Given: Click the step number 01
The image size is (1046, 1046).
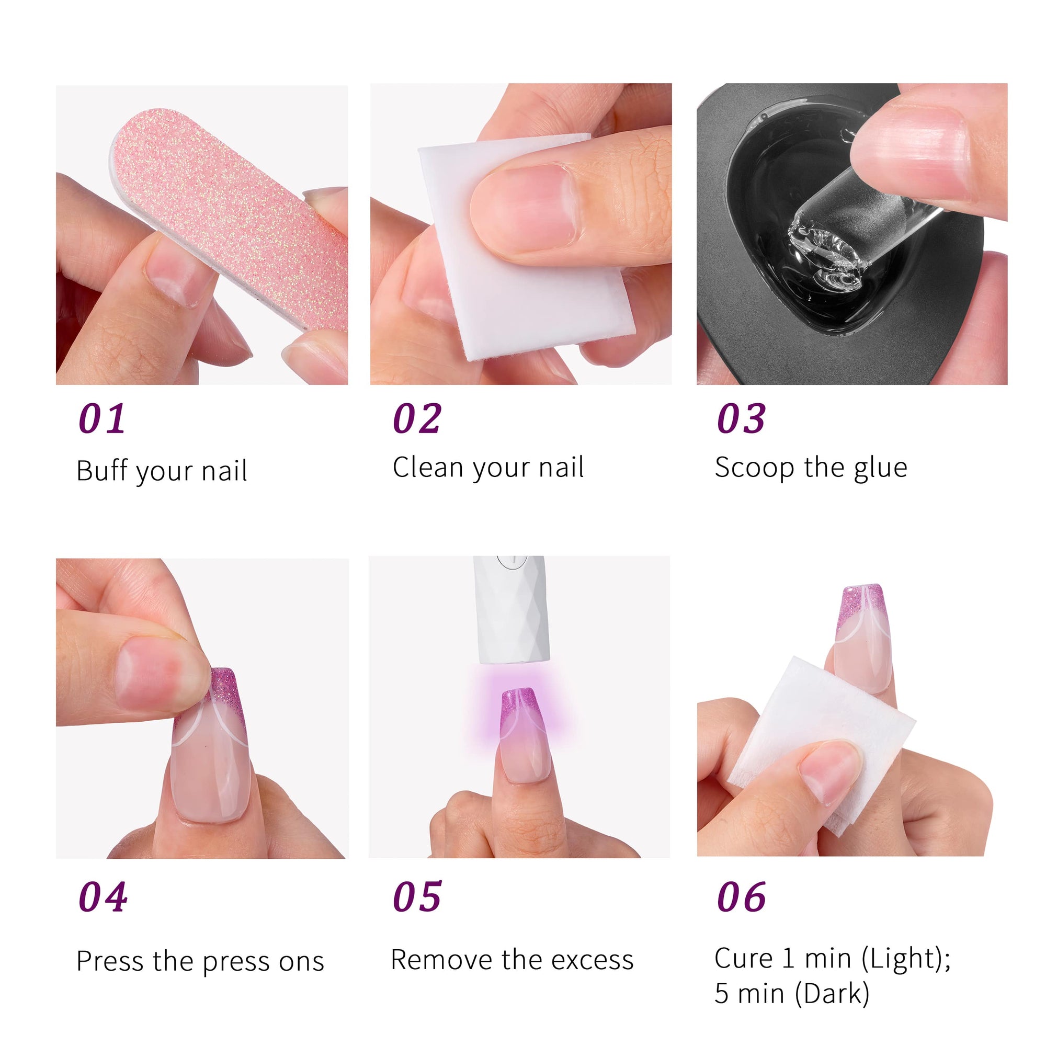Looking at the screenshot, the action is pyautogui.click(x=102, y=418).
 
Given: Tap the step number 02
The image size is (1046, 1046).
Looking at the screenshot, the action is pyautogui.click(x=417, y=418).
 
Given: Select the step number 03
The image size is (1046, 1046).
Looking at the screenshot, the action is pyautogui.click(x=741, y=418).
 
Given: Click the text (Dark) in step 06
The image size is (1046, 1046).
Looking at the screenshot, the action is pyautogui.click(x=832, y=994).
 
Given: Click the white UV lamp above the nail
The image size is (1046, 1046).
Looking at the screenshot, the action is pyautogui.click(x=511, y=610).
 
